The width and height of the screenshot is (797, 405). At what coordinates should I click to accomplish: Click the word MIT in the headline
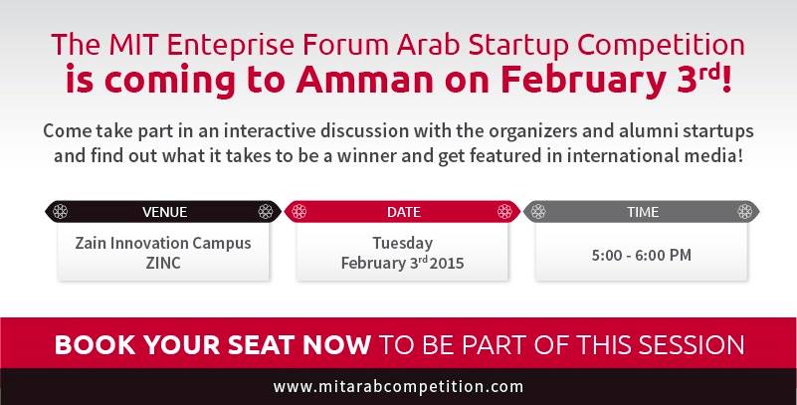coord(133,44)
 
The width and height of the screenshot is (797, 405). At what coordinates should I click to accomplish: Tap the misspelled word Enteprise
coord(230,46)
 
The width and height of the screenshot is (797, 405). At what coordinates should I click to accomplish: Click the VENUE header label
coord(165,212)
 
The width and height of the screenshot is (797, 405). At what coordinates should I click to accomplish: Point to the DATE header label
coord(404,212)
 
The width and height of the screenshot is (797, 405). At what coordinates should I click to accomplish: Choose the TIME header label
coord(643,212)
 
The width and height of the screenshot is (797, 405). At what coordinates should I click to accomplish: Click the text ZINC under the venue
coord(163,264)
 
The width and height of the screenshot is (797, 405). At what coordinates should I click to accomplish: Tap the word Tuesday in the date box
coord(403,244)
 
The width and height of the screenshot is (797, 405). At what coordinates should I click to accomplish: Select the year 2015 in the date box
coord(447,264)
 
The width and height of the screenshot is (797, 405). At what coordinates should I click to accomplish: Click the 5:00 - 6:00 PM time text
coord(642,255)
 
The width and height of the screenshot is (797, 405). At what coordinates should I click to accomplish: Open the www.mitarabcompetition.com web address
coord(398,387)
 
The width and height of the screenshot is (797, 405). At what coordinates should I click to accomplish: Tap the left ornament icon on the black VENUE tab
coord(60,211)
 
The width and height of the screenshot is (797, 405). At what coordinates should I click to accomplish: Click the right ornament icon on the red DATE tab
coord(504,211)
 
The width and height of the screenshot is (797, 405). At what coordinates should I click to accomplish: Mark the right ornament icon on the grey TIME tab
coord(744,211)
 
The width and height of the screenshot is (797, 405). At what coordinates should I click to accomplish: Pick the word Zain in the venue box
coord(91,243)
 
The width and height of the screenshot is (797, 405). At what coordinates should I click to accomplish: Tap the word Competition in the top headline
coord(661,46)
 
